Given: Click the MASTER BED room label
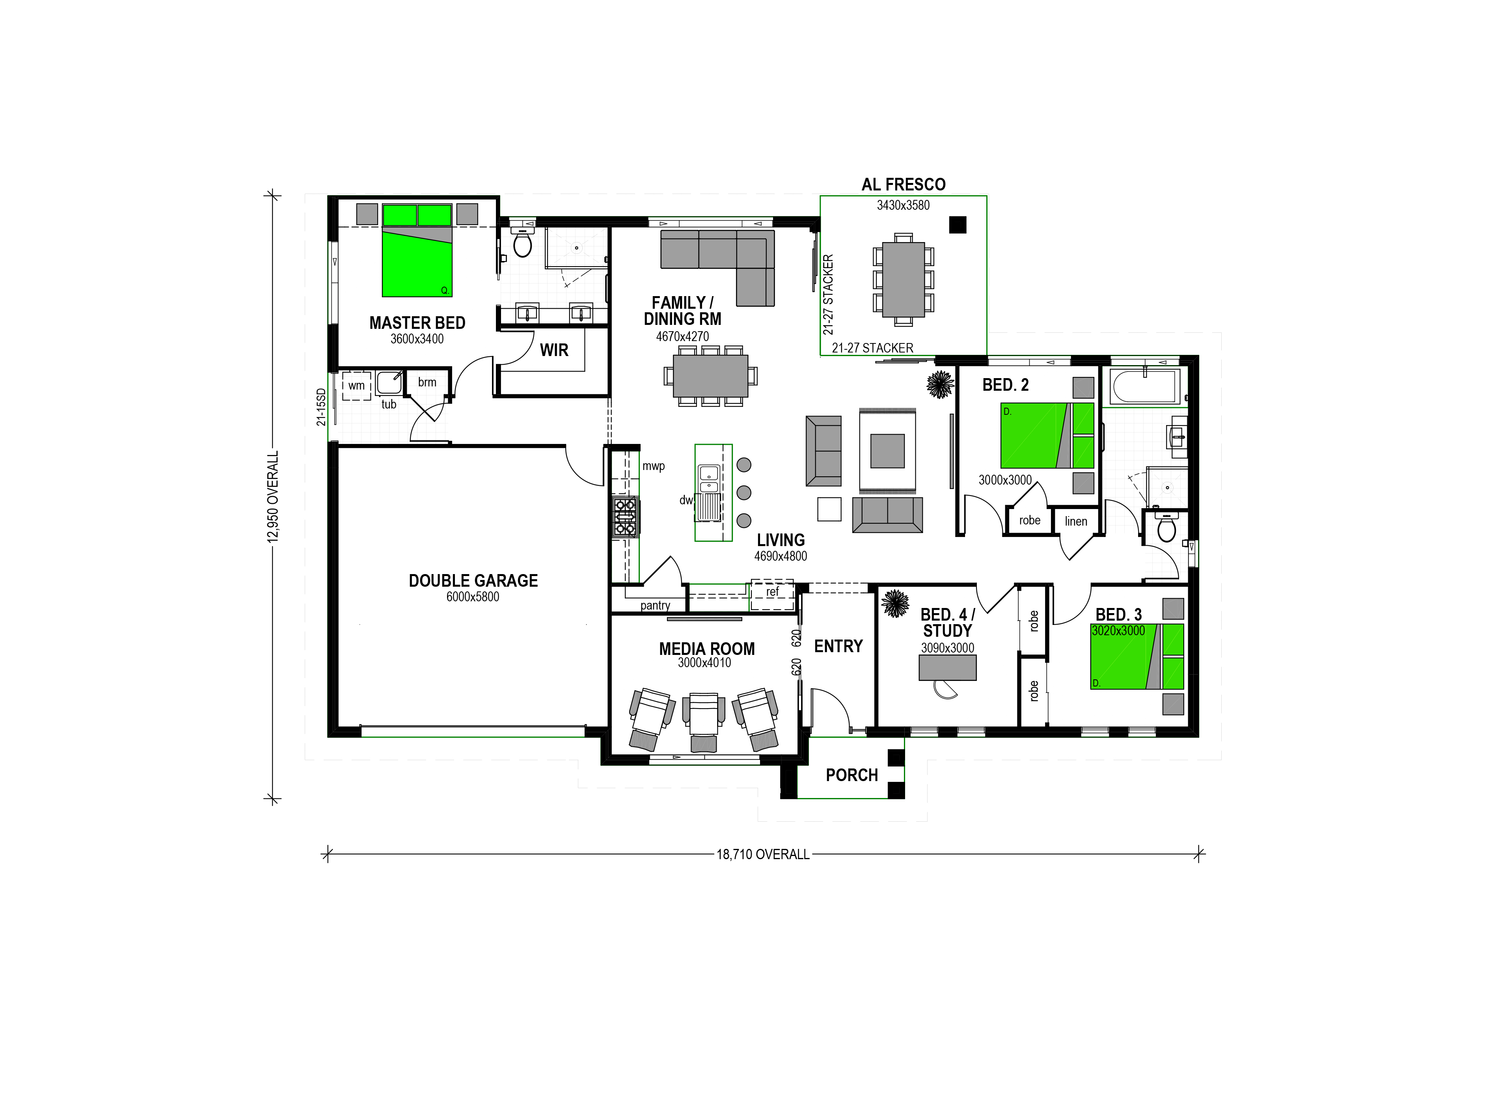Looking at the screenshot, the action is [x=417, y=323].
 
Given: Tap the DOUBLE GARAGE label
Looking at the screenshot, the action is [x=473, y=581].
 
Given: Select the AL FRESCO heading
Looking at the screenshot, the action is [x=904, y=185].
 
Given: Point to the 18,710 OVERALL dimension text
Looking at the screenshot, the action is [x=763, y=854].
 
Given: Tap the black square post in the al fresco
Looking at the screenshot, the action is [x=958, y=224].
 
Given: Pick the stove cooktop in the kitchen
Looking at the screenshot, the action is [x=625, y=517].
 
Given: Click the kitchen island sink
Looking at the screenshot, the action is [x=708, y=479].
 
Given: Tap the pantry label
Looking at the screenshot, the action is [x=655, y=606].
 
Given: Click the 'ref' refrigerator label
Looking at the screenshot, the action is [x=772, y=591].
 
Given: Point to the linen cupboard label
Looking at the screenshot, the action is [x=1076, y=521].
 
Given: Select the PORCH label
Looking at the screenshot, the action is [x=852, y=775].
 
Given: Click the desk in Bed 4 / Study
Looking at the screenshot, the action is [x=947, y=667].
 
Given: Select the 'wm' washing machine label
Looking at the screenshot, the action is [x=356, y=386].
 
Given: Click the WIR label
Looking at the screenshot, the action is [x=554, y=350].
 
